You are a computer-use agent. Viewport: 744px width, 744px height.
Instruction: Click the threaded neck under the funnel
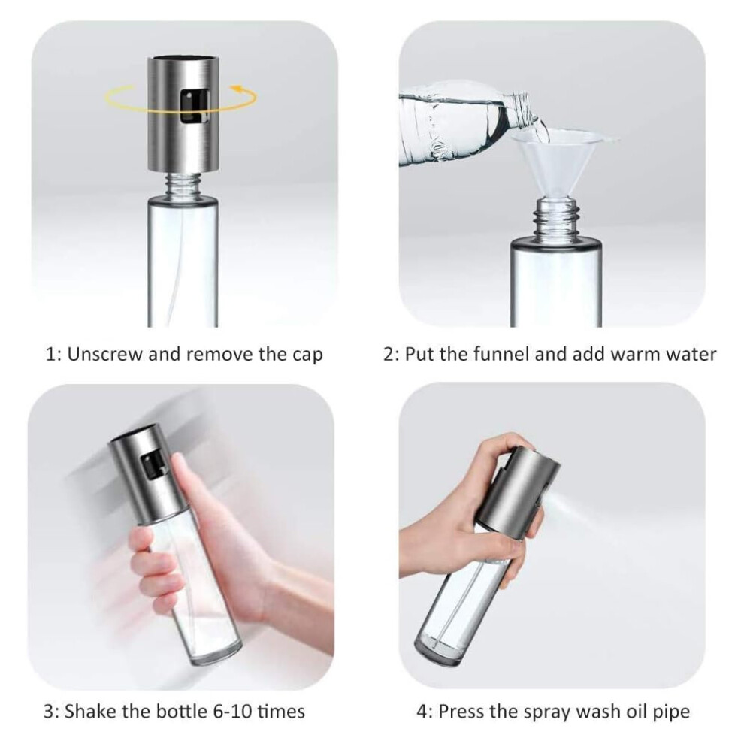[556, 219]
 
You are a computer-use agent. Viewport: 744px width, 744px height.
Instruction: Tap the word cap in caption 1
[307, 356]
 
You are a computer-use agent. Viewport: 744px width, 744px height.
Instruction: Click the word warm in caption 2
[635, 355]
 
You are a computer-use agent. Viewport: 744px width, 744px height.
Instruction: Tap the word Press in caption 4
[462, 712]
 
